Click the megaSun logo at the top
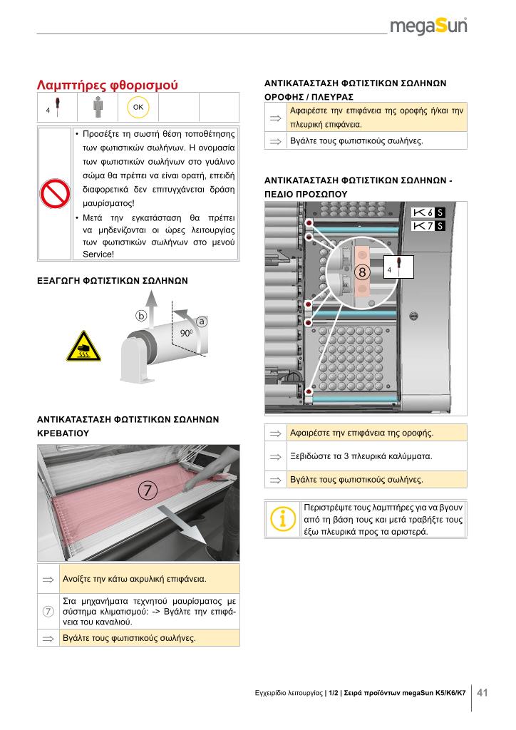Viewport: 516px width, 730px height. [428, 26]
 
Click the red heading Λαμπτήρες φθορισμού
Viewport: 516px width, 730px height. [108, 86]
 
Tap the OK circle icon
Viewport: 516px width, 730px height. [138, 107]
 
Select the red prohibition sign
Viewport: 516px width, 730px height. [55, 194]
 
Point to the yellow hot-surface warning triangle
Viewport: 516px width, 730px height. [83, 347]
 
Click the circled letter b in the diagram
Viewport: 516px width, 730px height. [141, 316]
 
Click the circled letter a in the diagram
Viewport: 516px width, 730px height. [202, 322]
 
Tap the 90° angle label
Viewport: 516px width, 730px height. [186, 334]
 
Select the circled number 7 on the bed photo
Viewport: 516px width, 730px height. [148, 490]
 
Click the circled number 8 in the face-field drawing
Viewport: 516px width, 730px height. [363, 272]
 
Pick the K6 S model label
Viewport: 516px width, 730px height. [428, 212]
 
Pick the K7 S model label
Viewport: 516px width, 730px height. [428, 226]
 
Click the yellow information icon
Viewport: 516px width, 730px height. [282, 519]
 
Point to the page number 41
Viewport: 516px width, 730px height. [483, 692]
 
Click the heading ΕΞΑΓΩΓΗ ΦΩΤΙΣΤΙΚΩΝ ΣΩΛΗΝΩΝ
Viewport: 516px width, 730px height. [113, 281]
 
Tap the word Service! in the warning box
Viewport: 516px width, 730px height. [98, 255]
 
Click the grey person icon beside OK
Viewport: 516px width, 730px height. [97, 107]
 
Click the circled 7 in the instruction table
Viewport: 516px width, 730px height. [48, 611]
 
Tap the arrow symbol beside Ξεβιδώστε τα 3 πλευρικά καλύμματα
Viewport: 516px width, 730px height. [275, 457]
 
